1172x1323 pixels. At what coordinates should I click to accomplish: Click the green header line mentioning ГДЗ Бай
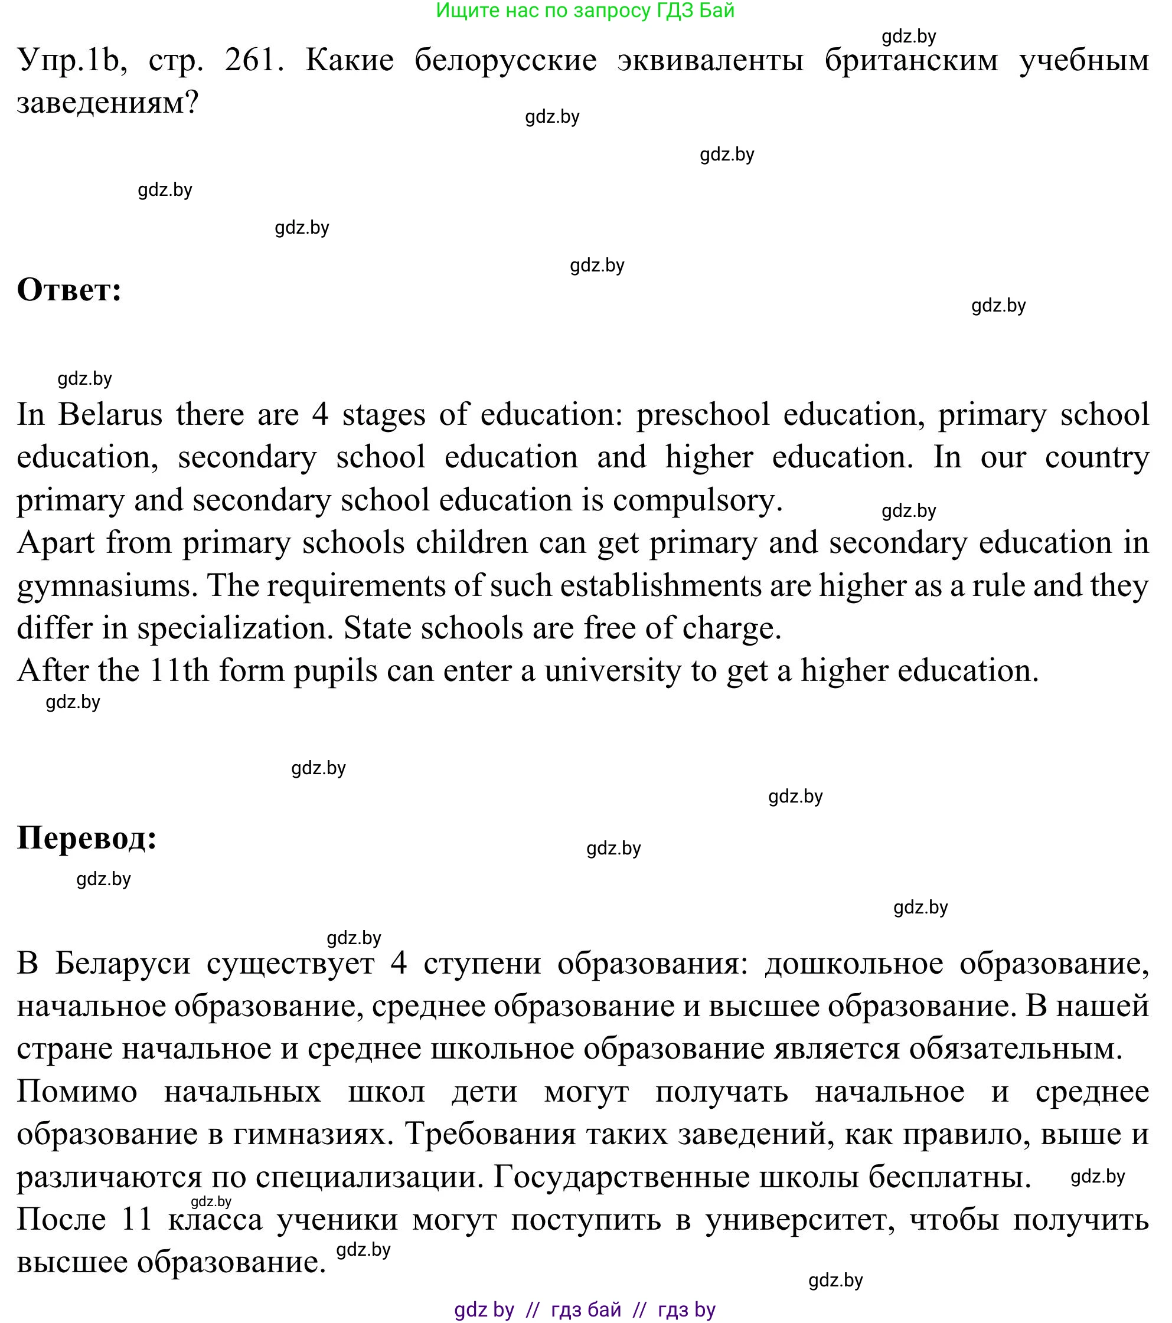[585, 11]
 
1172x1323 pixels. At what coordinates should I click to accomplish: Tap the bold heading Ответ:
[69, 289]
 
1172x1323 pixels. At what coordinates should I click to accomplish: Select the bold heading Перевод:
[87, 837]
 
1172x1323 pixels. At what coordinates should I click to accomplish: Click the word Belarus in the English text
[110, 414]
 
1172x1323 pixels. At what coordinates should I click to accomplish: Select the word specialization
[234, 628]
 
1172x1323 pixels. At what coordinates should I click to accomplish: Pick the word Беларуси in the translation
[122, 963]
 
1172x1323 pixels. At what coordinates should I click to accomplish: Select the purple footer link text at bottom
[585, 1310]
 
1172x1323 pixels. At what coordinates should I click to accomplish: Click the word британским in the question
[911, 60]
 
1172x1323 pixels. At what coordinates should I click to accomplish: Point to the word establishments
[661, 586]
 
